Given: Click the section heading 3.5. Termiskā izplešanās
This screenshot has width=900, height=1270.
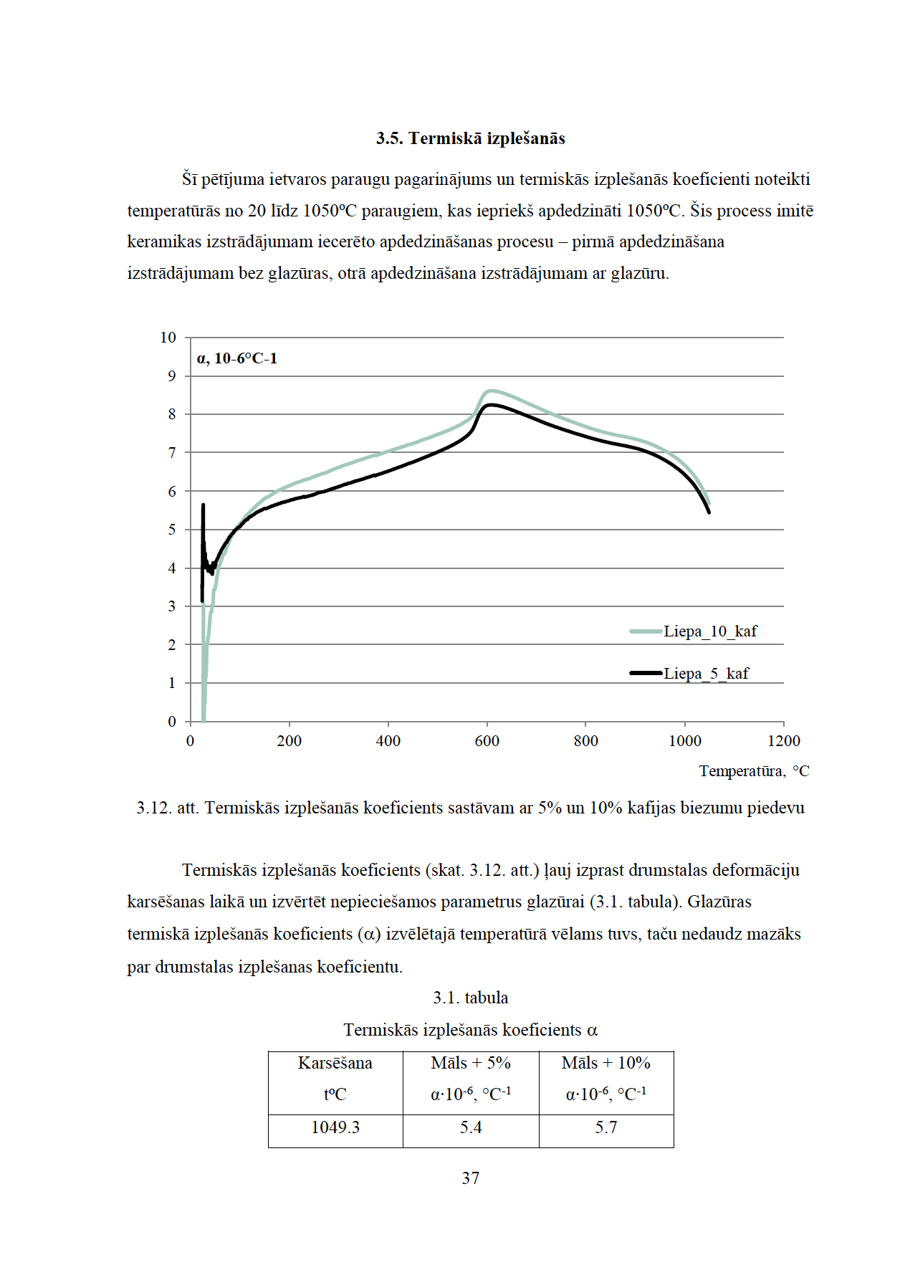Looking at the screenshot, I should click(x=470, y=138).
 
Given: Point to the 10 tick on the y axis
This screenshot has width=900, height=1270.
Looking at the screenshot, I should click(x=168, y=338).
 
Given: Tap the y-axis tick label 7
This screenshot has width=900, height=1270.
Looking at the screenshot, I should click(x=172, y=453).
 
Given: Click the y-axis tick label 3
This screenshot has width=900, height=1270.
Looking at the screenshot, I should click(x=172, y=606).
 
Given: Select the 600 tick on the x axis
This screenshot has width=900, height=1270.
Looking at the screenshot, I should click(x=487, y=741).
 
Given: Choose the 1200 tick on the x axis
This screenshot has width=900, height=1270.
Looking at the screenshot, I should click(x=784, y=741).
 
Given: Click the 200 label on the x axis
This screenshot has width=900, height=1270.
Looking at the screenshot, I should click(x=289, y=741).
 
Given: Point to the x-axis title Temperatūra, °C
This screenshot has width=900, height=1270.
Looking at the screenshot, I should click(x=754, y=771).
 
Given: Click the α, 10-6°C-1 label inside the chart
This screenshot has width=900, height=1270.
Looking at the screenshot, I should click(x=237, y=358).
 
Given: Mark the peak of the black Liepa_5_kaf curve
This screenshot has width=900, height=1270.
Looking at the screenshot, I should click(x=491, y=405).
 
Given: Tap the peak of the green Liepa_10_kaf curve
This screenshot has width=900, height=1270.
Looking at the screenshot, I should click(x=490, y=391).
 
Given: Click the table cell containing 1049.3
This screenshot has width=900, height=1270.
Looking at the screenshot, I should click(x=335, y=1127).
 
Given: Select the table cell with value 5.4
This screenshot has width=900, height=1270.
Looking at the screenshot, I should click(x=471, y=1127).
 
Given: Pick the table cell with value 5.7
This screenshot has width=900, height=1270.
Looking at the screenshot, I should click(x=606, y=1127).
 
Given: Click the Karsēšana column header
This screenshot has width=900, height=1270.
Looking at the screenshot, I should click(x=335, y=1063).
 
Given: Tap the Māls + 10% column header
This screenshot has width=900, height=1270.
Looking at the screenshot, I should click(x=606, y=1063).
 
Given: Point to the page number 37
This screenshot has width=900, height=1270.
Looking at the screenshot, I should click(x=471, y=1178).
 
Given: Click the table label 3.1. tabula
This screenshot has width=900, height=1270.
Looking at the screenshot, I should click(x=471, y=998).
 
